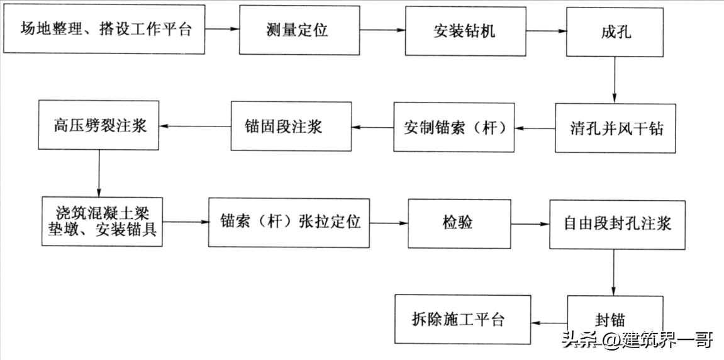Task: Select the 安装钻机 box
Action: [465, 31]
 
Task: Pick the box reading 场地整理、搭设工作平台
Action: [104, 30]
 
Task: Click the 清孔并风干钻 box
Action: [615, 128]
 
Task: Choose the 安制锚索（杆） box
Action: [454, 128]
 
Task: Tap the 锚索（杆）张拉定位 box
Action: [289, 222]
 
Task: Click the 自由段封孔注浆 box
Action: [616, 223]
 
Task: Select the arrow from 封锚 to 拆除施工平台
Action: [549, 320]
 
